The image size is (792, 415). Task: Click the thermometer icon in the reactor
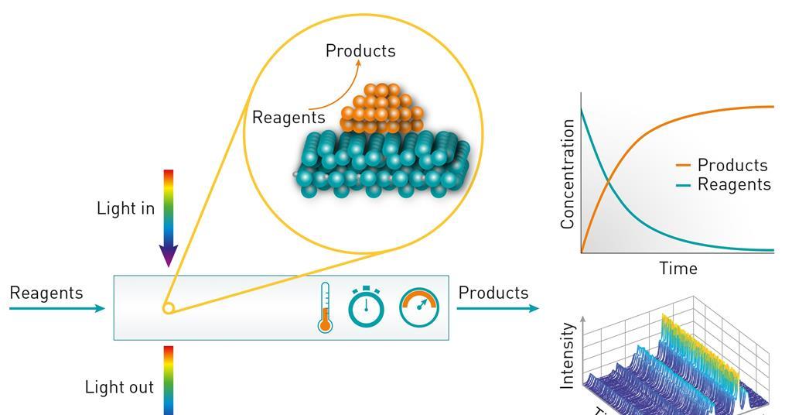[x=325, y=308]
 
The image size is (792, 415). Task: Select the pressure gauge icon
[x=419, y=307]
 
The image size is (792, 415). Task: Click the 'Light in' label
[x=125, y=208]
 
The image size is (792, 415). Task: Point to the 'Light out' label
[x=119, y=387]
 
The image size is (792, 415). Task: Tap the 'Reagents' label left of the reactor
[x=46, y=293]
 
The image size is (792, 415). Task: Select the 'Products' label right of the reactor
[x=493, y=293]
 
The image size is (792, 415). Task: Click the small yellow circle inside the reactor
[x=168, y=308]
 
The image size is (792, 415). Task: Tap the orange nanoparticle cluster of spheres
[x=382, y=108]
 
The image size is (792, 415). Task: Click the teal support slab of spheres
[x=383, y=163]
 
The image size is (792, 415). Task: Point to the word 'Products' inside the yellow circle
[x=360, y=51]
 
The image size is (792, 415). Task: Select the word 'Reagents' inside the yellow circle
[x=288, y=118]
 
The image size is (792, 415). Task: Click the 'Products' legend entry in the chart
[x=732, y=165]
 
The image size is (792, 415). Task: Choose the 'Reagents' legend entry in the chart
[x=733, y=184]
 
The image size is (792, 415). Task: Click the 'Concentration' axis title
[x=568, y=173]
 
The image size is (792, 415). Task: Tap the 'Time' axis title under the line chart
[x=678, y=269]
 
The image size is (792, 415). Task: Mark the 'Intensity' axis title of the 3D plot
[x=568, y=356]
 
